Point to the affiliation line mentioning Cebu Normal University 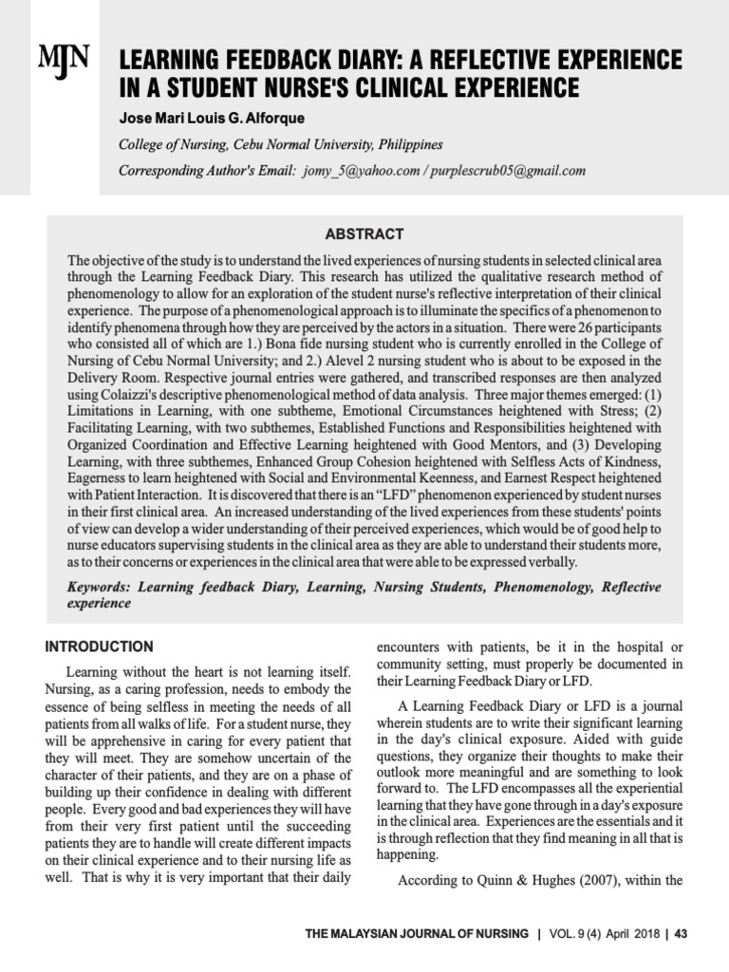point(280,145)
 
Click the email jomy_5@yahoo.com point(363,171)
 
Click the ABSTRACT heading point(364,234)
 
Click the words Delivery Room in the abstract point(109,379)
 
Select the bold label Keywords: point(100,587)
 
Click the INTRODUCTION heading point(99,646)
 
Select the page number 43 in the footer point(681,934)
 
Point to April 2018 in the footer point(629,934)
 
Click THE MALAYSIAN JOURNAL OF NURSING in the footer point(417,934)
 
